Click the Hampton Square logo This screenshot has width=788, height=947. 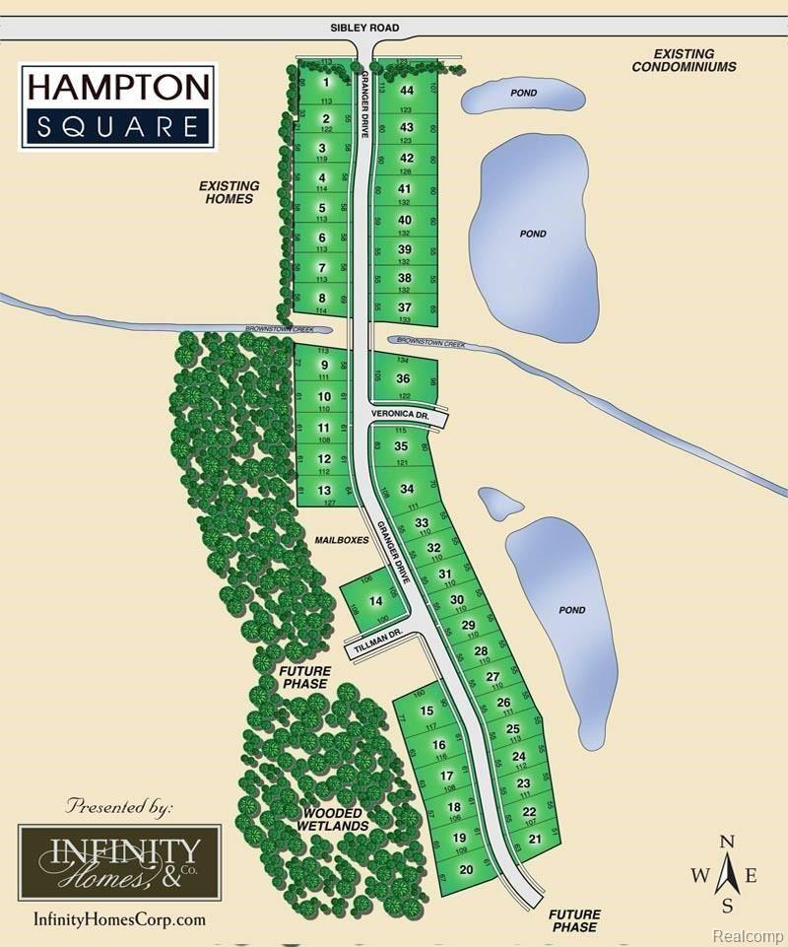coord(116,105)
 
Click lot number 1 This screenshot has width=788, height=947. coord(324,84)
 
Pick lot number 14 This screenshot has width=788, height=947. coord(374,601)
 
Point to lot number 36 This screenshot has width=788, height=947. coord(403,378)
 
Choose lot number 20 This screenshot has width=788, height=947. coord(467,869)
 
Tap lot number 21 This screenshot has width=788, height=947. coord(535,839)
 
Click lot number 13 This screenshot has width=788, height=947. coord(324,491)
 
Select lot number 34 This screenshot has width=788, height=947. coord(407,490)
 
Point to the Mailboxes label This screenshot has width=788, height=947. coord(342,541)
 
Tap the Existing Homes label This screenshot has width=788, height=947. coord(229,192)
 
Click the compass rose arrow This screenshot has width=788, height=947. coord(727,874)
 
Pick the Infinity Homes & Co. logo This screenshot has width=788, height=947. coord(119,861)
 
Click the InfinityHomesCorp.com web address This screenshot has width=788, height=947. coord(119,919)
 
